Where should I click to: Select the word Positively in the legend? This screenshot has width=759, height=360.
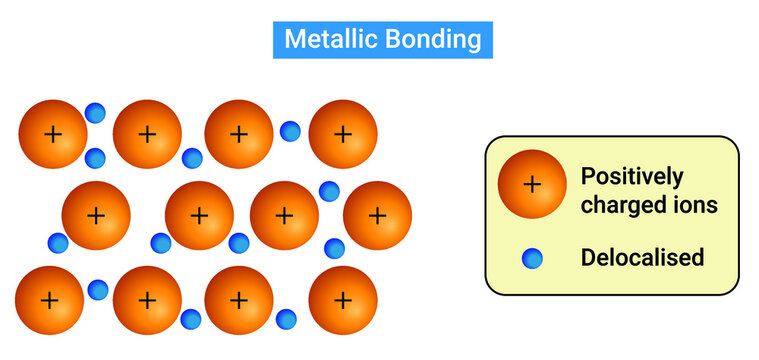[632, 177]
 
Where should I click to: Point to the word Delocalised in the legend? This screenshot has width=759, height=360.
[642, 257]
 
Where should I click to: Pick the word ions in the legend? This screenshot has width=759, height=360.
[693, 207]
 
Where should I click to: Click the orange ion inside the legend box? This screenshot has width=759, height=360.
[532, 184]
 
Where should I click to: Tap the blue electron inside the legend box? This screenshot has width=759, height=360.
[532, 259]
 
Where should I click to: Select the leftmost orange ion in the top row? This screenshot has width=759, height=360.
[53, 134]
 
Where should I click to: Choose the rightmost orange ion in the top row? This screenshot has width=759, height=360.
[343, 134]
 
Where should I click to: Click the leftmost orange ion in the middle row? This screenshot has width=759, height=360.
[96, 215]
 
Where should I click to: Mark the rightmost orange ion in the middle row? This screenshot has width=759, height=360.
[377, 215]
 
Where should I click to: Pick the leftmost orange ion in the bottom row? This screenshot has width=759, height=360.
[50, 299]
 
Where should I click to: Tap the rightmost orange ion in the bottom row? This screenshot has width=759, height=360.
[343, 299]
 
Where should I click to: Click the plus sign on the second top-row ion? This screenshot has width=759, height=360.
[147, 134]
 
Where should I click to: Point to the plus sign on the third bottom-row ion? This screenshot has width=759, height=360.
[239, 299]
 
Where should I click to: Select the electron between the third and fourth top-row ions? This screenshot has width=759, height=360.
[290, 130]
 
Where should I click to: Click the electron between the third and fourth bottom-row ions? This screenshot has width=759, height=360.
[286, 319]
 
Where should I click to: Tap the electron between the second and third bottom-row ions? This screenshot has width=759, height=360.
[191, 319]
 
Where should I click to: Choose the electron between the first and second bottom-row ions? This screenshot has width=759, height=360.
[98, 290]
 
